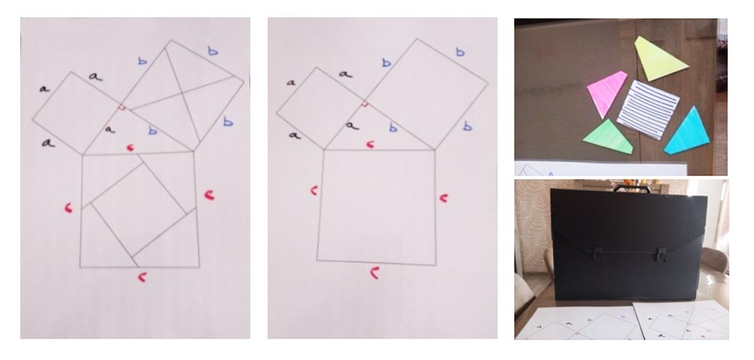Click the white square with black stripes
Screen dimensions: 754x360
(x=648, y=109)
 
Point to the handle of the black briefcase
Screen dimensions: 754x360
(x=632, y=187)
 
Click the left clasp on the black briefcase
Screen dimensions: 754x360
(x=597, y=254)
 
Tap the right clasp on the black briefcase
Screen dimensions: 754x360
(x=661, y=255)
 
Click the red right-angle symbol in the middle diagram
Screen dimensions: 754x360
(x=365, y=104)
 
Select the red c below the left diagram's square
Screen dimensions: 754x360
(x=142, y=277)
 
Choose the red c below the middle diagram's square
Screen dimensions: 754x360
(x=375, y=273)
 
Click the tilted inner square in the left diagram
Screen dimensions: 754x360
(x=139, y=209)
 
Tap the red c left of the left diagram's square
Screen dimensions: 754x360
(x=69, y=208)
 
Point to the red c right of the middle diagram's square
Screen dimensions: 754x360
(x=444, y=198)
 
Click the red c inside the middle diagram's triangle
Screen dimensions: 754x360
(x=370, y=144)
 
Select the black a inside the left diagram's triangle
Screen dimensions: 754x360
(x=110, y=130)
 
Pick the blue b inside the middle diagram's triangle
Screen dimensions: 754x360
(x=393, y=127)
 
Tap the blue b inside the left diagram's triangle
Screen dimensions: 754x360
(x=152, y=130)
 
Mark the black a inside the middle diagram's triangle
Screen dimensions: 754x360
(x=352, y=126)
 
